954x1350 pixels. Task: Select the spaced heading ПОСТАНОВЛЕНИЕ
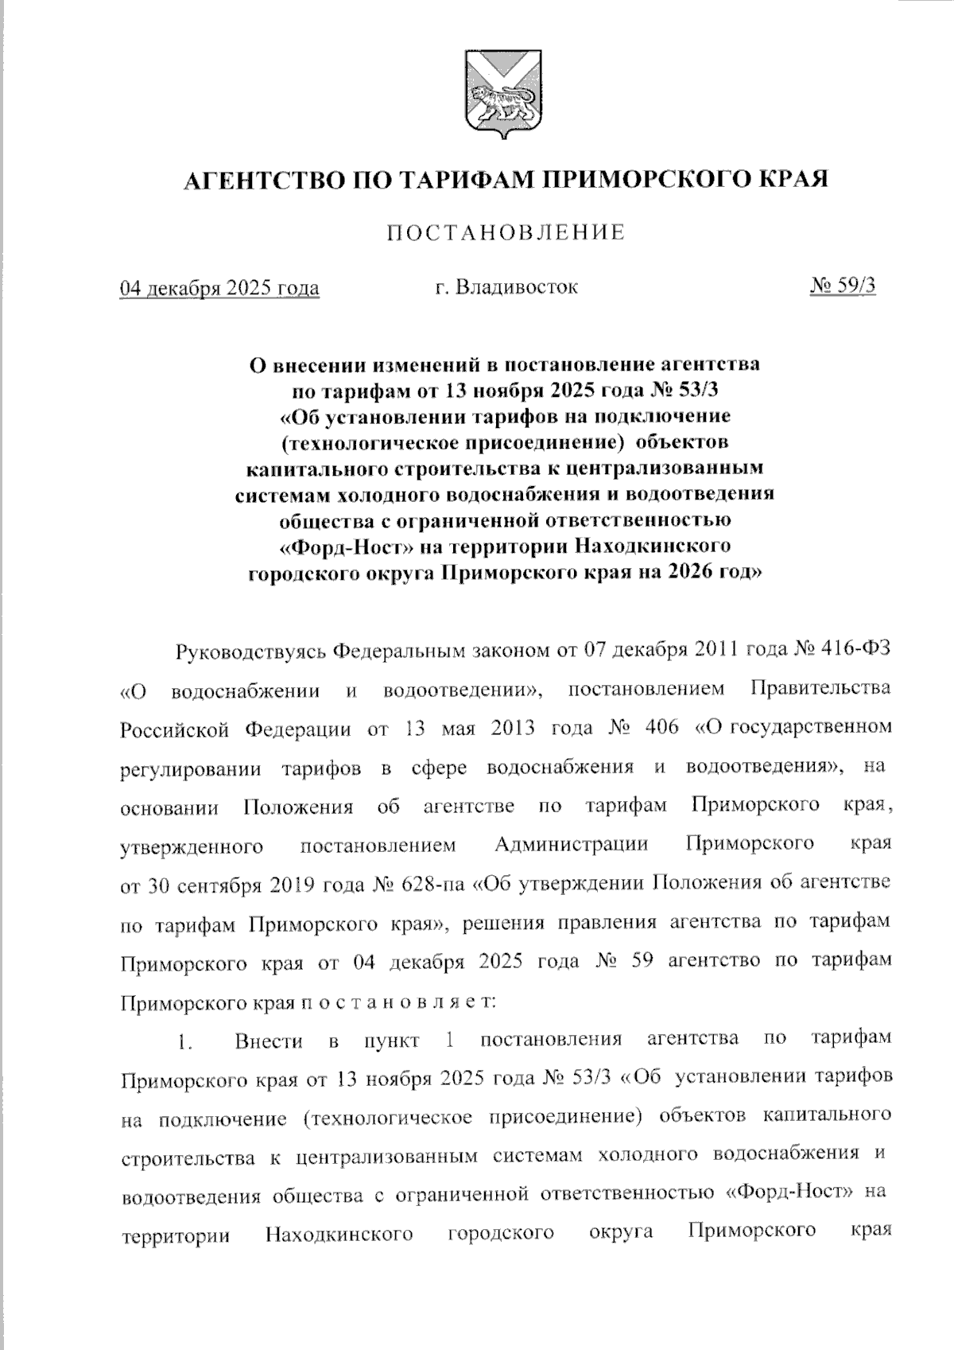(x=506, y=233)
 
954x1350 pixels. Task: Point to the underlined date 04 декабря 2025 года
(x=219, y=287)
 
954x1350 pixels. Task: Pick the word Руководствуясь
(x=250, y=651)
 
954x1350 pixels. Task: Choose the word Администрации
(x=571, y=844)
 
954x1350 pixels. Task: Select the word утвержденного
(x=192, y=846)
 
